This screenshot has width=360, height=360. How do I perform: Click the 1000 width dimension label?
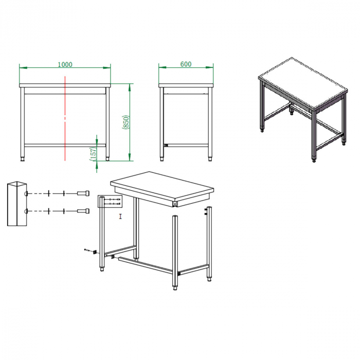[x=65, y=65]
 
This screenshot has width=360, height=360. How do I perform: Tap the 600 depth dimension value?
[x=186, y=64]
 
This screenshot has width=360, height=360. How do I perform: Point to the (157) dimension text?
[x=93, y=153]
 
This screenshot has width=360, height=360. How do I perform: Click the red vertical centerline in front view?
[x=65, y=118]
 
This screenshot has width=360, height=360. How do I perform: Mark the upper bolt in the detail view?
[x=83, y=193]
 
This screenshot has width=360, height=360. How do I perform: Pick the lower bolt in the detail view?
[x=83, y=211]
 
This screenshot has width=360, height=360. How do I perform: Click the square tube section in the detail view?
[x=16, y=204]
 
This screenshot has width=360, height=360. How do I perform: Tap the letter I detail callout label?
[x=120, y=217]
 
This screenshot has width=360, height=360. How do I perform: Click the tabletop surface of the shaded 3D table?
[x=301, y=86]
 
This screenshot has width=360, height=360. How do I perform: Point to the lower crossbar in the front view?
[x=65, y=146]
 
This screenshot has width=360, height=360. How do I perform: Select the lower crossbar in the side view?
[x=186, y=146]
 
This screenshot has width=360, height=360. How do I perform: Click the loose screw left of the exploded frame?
[x=89, y=251]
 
